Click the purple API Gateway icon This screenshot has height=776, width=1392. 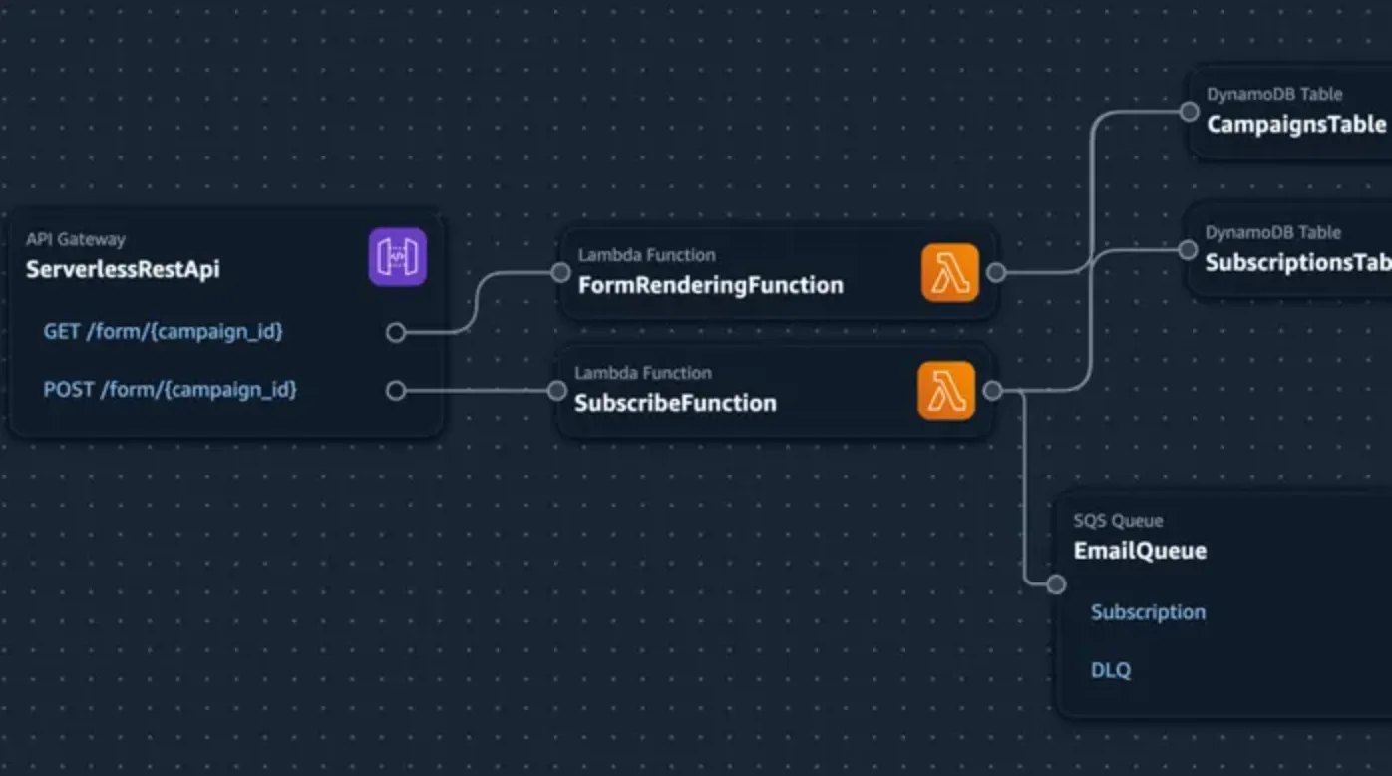coord(397,257)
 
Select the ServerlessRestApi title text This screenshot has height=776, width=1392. coord(123,269)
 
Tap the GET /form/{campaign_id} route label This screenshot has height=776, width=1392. coord(163,331)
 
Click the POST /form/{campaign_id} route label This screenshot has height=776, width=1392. coord(170,389)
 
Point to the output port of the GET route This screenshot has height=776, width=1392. coord(396,332)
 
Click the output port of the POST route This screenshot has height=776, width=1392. coord(396,391)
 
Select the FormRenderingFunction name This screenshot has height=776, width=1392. coord(710,285)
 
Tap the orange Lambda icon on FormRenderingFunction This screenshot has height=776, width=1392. coord(949,272)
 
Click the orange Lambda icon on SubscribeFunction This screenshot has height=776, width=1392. coord(945,391)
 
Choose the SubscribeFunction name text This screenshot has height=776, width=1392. coord(675,403)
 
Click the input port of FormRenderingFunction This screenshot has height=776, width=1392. coord(560,272)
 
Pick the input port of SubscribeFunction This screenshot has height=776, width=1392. coord(556,391)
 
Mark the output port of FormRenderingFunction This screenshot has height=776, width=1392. coord(995,272)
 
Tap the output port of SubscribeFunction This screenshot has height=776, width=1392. coord(992,391)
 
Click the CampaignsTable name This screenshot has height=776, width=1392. coord(1296,125)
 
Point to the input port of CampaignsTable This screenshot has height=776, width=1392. coord(1189,112)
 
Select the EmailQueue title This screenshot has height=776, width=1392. coord(1140,551)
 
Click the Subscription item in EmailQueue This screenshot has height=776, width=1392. coord(1148,612)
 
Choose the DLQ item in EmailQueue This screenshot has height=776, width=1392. coord(1111,670)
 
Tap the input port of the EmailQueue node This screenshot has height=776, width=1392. coord(1056,584)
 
